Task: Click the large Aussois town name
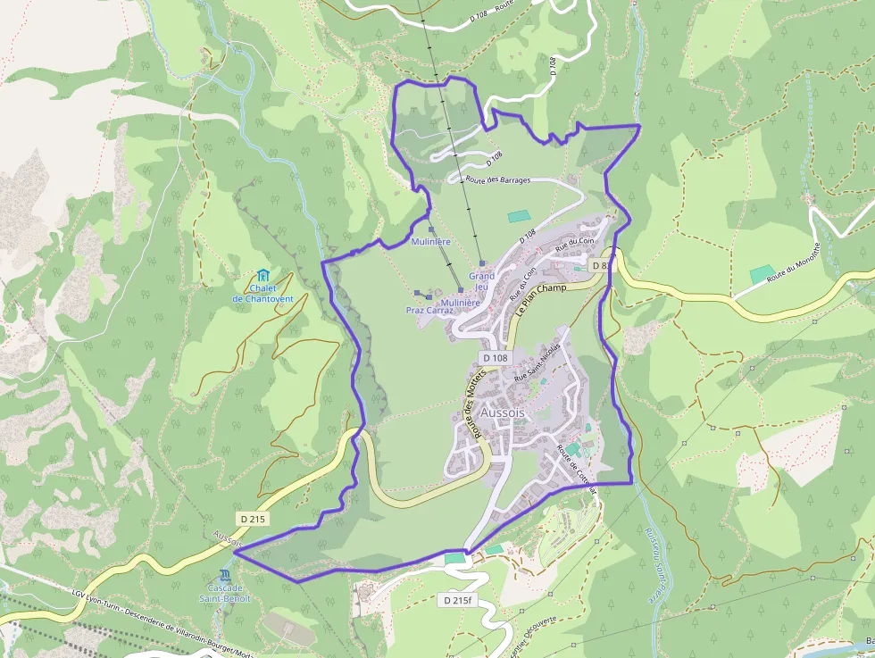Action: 503,414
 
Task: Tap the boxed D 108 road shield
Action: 495,358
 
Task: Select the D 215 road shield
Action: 253,519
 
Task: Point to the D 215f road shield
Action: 456,601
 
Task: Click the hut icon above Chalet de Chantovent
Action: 262,276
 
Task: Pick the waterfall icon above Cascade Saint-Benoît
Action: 225,575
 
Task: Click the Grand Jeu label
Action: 481,281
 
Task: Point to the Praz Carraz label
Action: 429,311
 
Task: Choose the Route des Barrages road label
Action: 497,180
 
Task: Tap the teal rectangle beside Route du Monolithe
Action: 762,274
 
